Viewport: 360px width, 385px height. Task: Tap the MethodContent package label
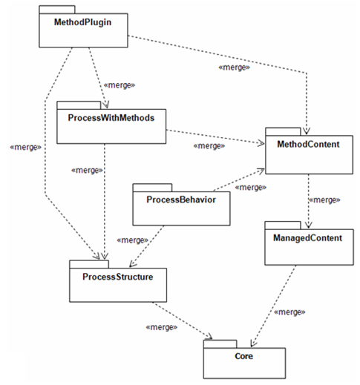point(308,145)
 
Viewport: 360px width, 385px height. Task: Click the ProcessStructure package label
point(116,277)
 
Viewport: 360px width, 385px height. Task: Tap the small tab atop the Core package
point(220,343)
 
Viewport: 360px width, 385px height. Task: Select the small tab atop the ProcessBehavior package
point(152,185)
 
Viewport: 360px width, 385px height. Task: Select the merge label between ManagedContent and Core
point(289,312)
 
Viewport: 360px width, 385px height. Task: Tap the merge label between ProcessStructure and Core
point(161,327)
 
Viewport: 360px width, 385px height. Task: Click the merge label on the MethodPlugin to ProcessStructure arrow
point(24,147)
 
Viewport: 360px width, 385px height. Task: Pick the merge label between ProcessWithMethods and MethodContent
point(209,146)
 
